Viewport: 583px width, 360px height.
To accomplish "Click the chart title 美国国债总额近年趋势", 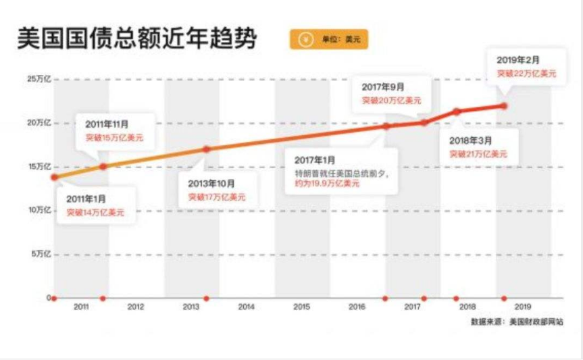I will pos(137,38).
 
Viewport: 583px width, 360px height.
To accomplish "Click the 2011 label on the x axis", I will pos(81,307).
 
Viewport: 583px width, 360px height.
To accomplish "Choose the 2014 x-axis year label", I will pos(246,307).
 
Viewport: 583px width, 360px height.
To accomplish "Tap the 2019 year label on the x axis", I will pos(522,307).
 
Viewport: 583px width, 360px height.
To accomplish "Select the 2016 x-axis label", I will pos(357,307).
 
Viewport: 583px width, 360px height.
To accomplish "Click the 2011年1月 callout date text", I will pos(86,199).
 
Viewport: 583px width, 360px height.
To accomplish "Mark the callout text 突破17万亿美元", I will pos(217,197).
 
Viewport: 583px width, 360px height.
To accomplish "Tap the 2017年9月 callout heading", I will pos(382,87).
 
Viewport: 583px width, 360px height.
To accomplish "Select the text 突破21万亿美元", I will pos(478,154).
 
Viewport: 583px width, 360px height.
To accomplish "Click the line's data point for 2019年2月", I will pos(504,105).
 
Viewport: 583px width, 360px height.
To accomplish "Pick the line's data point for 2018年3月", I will pos(457,111).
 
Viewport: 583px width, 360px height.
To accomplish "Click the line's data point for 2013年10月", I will pos(207,149).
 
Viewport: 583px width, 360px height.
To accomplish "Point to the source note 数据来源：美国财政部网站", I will pos(517,322).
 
